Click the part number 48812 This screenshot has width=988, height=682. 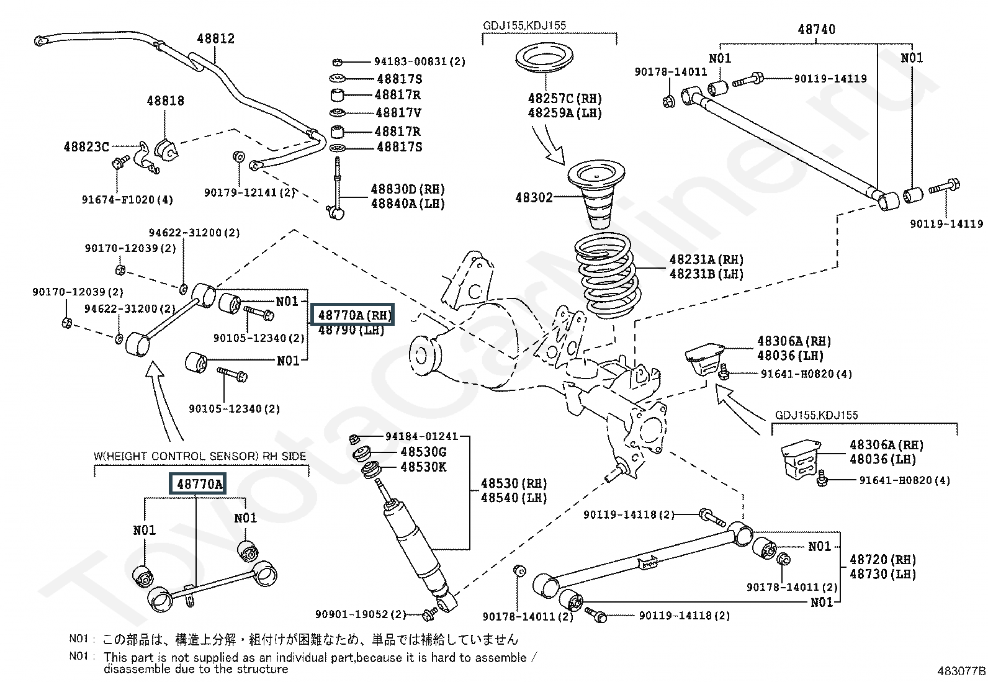coord(215,38)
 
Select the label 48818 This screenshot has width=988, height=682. coord(165,101)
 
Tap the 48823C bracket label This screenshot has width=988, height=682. coord(86,147)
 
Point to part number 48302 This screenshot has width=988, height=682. coord(533,198)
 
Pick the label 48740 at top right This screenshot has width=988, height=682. coord(816,29)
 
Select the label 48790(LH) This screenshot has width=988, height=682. coord(351,330)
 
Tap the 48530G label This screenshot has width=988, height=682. coord(423,452)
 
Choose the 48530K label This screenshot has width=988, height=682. coord(423,467)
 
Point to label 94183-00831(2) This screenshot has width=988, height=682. coord(420,61)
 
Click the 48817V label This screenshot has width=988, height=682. coord(398,113)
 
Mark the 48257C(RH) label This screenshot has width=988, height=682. coord(565,98)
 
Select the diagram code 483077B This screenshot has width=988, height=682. coord(961,671)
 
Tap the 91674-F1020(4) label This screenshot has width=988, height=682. coord(127,200)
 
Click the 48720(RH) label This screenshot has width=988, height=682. coord(882,559)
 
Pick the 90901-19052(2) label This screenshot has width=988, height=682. coord(360,614)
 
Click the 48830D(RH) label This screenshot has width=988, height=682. coord(408,189)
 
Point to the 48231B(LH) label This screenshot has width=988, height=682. coord(706,274)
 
